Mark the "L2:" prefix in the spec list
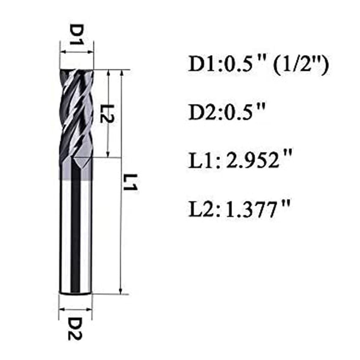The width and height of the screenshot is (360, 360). tap(202, 209)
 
